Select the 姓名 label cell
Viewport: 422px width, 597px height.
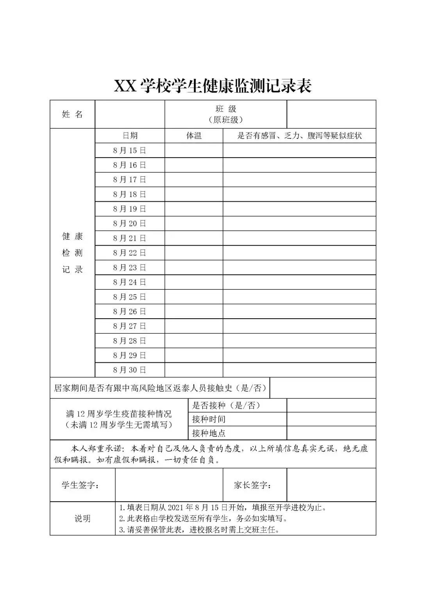pyautogui.click(x=72, y=114)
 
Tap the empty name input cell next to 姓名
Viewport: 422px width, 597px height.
pyautogui.click(x=130, y=114)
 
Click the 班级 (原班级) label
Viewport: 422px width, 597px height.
pyautogui.click(x=226, y=114)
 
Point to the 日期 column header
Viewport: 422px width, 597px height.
pyautogui.click(x=130, y=136)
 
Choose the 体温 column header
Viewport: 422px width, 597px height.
pyautogui.click(x=194, y=136)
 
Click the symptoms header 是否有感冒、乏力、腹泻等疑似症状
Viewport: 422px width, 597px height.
pyautogui.click(x=299, y=136)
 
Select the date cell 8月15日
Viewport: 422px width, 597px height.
pyautogui.click(x=130, y=151)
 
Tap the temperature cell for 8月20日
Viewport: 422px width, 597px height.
pyautogui.click(x=194, y=224)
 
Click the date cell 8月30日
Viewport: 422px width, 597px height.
pyautogui.click(x=130, y=370)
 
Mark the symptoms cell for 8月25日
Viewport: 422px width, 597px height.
pyautogui.click(x=299, y=297)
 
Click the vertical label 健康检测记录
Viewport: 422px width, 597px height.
pyautogui.click(x=72, y=253)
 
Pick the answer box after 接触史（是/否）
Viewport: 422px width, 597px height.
pyautogui.click(x=323, y=388)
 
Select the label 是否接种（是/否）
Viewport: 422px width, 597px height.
pyautogui.click(x=227, y=405)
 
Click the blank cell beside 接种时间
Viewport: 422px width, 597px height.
pyautogui.click(x=331, y=419)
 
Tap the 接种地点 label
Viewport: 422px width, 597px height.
pyautogui.click(x=209, y=433)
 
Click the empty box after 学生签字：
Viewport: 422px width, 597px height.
pyautogui.click(x=169, y=485)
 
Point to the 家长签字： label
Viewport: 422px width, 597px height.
pyautogui.click(x=253, y=485)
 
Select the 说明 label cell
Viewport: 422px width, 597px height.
pyautogui.click(x=82, y=519)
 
